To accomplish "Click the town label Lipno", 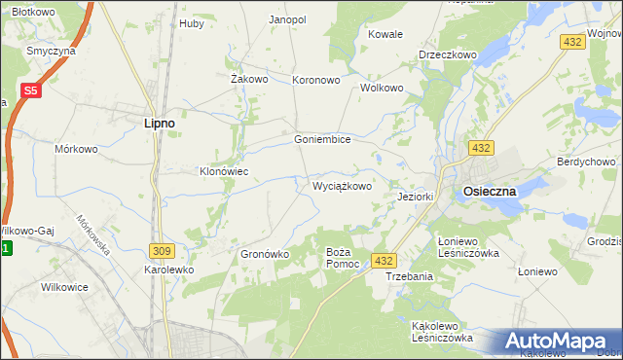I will click(x=159, y=124).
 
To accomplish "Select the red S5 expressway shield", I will click(x=31, y=90).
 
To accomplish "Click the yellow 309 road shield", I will click(x=162, y=250).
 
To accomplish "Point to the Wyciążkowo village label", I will click(x=342, y=185).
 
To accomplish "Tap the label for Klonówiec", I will click(x=225, y=171).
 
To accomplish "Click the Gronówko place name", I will click(x=265, y=254).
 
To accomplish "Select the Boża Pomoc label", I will click(x=343, y=258).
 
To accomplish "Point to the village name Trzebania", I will click(x=409, y=276).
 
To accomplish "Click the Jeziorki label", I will click(x=416, y=196).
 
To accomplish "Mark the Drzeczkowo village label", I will click(x=448, y=55).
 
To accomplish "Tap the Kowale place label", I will click(x=385, y=34).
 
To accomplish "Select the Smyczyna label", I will click(x=53, y=51).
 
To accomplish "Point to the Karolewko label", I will click(x=169, y=270).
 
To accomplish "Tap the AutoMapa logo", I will click(x=558, y=342).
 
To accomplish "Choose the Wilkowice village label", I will click(x=65, y=287).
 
